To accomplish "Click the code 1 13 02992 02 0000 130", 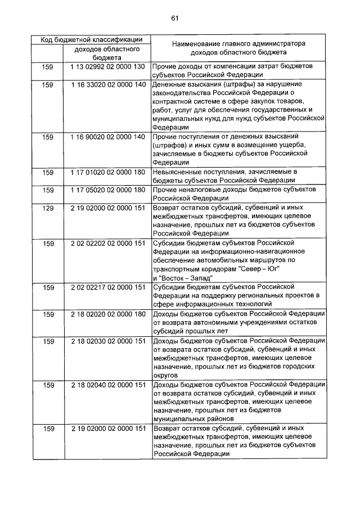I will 107,66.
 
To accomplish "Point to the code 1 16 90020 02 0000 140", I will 107,137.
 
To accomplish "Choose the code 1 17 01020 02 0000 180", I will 107,172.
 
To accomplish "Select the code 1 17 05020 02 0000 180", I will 107,190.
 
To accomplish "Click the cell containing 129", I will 48,208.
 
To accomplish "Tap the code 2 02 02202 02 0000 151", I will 107,243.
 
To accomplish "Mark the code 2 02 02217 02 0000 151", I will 107,287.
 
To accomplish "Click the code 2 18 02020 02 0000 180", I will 107,313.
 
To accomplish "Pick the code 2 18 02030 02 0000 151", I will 107,340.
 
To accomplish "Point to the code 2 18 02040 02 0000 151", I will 107,385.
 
